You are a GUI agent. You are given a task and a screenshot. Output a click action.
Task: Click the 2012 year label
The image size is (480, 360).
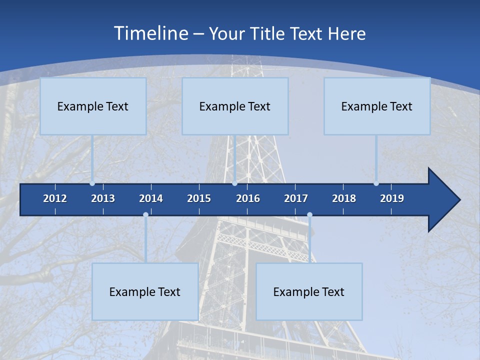pyautogui.click(x=55, y=198)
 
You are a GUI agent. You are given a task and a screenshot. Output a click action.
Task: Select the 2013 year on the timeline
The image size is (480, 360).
pyautogui.click(x=103, y=198)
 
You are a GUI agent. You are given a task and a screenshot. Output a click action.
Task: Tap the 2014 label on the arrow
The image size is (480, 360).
pyautogui.click(x=151, y=198)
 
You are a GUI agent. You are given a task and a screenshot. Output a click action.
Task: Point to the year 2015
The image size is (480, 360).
pyautogui.click(x=199, y=198)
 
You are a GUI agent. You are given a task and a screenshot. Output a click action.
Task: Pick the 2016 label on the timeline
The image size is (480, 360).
pyautogui.click(x=248, y=198)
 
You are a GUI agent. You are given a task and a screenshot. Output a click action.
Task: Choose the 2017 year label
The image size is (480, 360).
pyautogui.click(x=296, y=198)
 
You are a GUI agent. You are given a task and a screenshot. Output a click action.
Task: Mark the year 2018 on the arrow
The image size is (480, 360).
pyautogui.click(x=344, y=198)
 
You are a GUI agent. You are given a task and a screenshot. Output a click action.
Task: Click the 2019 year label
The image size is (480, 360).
pyautogui.click(x=392, y=198)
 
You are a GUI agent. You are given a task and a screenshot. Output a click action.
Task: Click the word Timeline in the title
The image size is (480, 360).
pyautogui.click(x=150, y=33)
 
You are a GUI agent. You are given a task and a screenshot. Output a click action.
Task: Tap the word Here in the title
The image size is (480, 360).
pyautogui.click(x=346, y=34)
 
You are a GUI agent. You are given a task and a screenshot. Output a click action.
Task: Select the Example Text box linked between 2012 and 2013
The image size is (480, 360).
pyautogui.click(x=93, y=106)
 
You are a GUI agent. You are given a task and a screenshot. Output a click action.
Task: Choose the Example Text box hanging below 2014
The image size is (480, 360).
pyautogui.click(x=145, y=292)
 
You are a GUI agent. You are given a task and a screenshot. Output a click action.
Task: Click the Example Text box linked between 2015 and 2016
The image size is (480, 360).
pyautogui.click(x=235, y=106)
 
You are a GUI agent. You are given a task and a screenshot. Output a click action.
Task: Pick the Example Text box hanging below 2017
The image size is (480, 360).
pyautogui.click(x=309, y=292)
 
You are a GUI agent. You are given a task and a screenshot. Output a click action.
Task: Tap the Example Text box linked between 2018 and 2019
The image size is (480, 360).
pyautogui.click(x=377, y=106)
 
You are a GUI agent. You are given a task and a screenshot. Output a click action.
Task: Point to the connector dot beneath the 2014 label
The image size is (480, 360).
pyautogui.click(x=145, y=215)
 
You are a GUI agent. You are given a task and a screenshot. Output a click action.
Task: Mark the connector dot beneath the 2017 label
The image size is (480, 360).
pyautogui.click(x=309, y=215)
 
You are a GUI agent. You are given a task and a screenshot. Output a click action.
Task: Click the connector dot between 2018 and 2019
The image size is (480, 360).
pyautogui.click(x=376, y=183)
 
